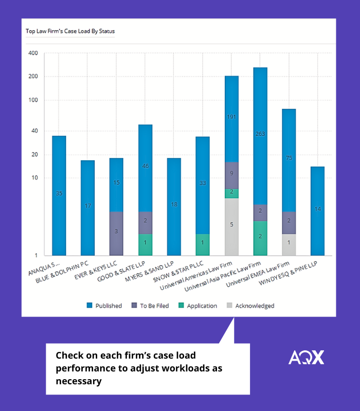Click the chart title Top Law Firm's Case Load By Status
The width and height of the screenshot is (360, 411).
(70, 31)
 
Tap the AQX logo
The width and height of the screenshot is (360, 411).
(306, 357)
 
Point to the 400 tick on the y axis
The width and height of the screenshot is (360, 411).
(33, 53)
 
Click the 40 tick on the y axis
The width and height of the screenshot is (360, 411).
(34, 131)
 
